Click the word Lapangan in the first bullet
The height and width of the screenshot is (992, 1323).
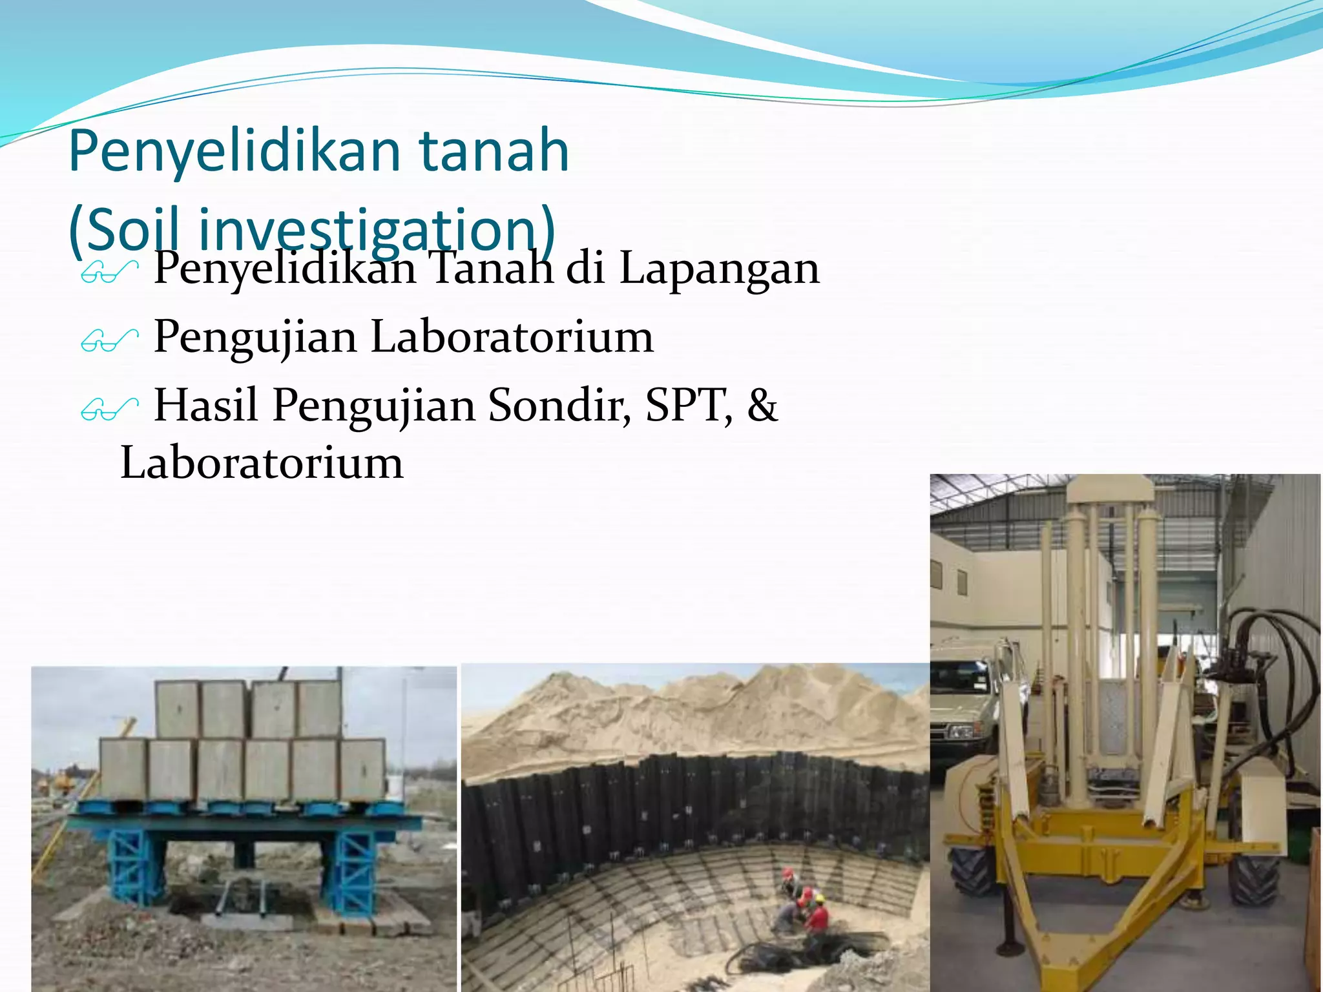pyautogui.click(x=719, y=268)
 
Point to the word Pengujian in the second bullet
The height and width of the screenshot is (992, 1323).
pyautogui.click(x=255, y=337)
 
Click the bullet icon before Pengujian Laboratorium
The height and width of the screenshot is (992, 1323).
pyautogui.click(x=109, y=340)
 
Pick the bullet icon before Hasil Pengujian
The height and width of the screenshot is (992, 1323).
pyautogui.click(x=109, y=408)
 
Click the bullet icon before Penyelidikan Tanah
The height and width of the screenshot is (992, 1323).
pyautogui.click(x=109, y=271)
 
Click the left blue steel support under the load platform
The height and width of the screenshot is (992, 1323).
pyautogui.click(x=137, y=865)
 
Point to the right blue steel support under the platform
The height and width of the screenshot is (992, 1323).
pyautogui.click(x=351, y=865)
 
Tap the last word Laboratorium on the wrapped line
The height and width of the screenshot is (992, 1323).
pyautogui.click(x=262, y=463)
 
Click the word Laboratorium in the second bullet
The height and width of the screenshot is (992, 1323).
pyautogui.click(x=512, y=337)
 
